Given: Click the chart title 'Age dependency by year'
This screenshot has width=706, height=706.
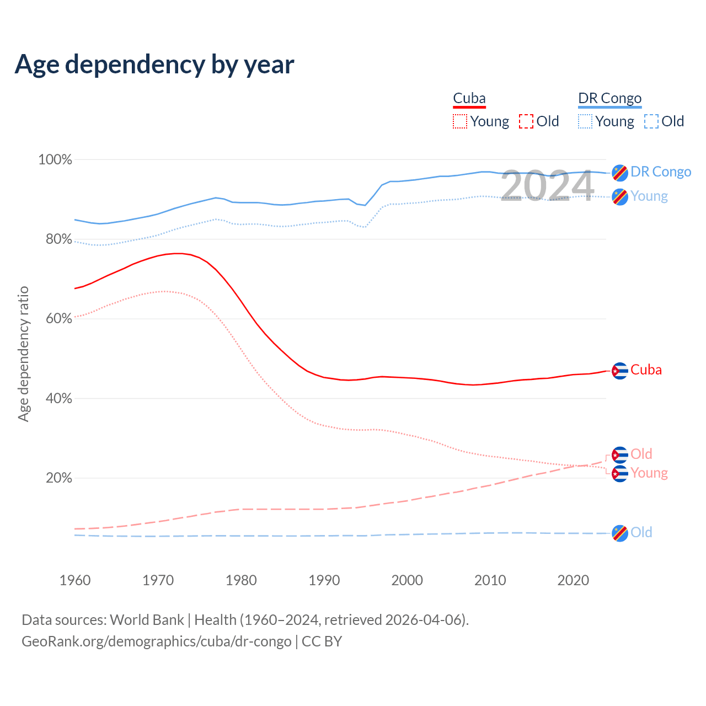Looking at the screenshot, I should (x=154, y=65).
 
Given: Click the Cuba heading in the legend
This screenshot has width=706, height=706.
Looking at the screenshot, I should (x=469, y=99).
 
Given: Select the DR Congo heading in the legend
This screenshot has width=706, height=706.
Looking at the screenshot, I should (x=609, y=99).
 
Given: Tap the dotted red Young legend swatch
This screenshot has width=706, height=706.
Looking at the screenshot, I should (x=459, y=121).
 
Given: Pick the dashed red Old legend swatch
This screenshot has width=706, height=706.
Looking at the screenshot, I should (x=526, y=121).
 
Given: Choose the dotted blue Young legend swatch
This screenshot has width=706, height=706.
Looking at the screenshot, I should (x=585, y=121).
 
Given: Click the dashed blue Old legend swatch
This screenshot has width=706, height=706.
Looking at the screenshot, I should (x=651, y=121).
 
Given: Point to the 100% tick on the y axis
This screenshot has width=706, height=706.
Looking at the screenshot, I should (x=55, y=160).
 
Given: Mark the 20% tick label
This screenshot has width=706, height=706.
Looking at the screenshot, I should (x=58, y=478).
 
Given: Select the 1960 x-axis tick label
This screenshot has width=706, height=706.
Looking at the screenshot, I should (x=75, y=580).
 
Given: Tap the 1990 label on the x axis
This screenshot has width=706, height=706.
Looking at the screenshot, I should (x=324, y=580).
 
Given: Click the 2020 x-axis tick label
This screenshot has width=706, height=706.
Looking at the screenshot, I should (x=573, y=580).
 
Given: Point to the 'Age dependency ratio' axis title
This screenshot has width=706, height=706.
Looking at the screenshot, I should (x=23, y=354).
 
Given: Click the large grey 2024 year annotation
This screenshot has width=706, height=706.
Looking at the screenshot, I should (x=547, y=185).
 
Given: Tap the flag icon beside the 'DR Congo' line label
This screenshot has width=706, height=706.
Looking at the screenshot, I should (x=620, y=173).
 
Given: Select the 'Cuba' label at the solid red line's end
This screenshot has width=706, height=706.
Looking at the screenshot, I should (x=646, y=370).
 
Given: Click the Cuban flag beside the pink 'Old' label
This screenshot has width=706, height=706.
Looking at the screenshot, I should (x=620, y=455).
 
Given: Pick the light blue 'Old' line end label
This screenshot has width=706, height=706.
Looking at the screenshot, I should (x=641, y=532).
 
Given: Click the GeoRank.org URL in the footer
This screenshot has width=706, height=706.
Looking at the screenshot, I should (x=156, y=641).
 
